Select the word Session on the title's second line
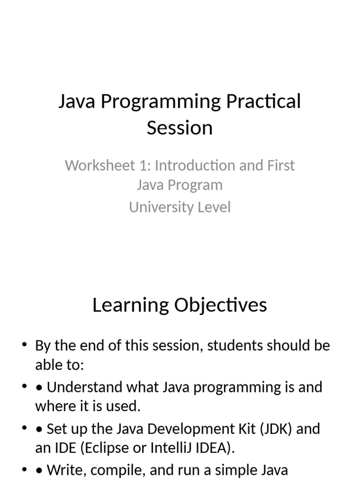point(180,127)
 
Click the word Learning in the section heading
point(131,305)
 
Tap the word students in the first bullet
point(233,346)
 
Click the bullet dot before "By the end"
point(23,346)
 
